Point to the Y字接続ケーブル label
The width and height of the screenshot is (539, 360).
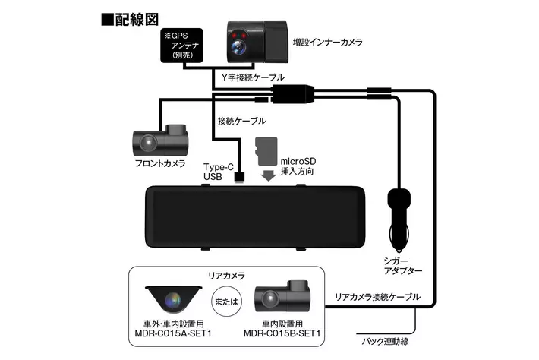click(253, 77)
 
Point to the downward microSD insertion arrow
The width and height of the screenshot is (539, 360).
click(266, 176)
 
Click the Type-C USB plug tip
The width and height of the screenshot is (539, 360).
click(239, 177)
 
